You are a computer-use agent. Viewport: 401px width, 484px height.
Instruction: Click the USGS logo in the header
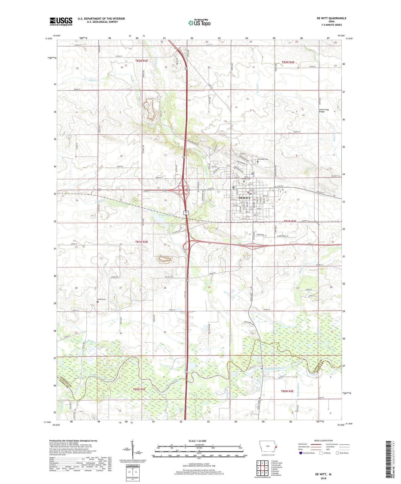61,21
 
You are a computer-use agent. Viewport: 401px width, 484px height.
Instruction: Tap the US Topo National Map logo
199,23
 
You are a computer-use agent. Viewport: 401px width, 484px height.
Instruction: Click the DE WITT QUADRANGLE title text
331,18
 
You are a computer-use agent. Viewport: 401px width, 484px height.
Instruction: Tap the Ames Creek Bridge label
324,111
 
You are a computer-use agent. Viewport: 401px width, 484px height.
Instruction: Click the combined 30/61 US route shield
186,213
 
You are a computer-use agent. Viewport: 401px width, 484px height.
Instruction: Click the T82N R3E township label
141,61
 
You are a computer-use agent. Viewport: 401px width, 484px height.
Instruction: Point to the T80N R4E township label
287,391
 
